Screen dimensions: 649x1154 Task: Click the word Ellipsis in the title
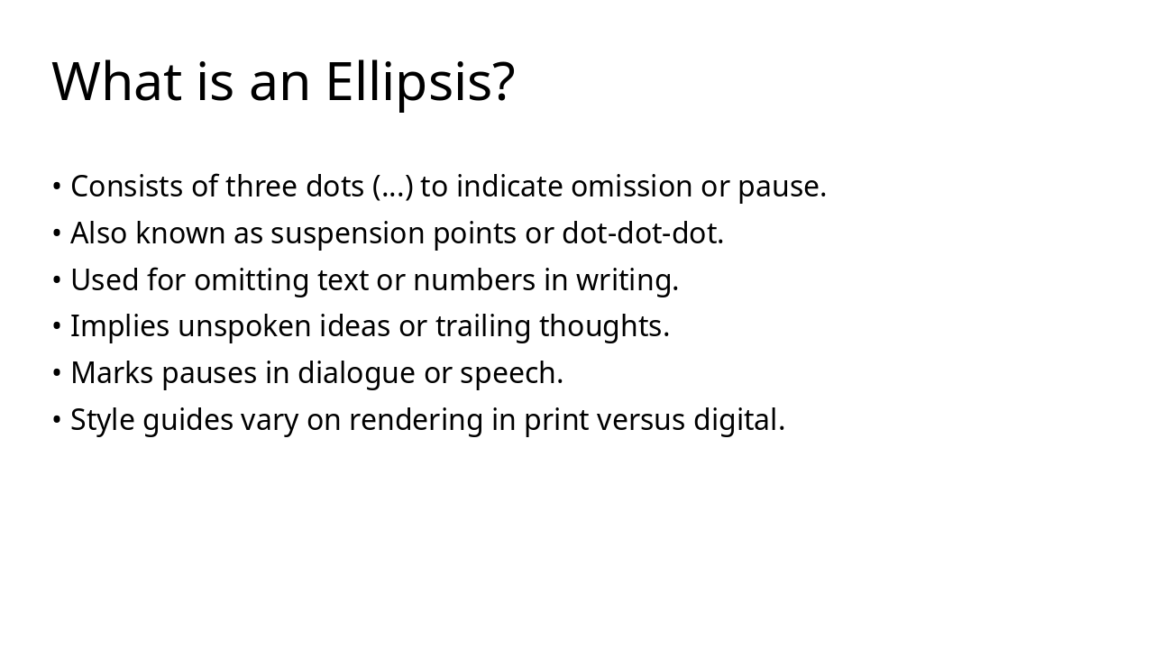point(419,82)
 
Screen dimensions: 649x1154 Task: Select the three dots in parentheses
point(393,187)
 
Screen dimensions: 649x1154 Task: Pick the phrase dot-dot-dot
point(643,233)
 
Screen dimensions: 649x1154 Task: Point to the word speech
point(511,373)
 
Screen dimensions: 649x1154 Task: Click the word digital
point(739,420)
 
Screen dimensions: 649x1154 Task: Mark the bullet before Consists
point(57,187)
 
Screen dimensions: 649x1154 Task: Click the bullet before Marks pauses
point(57,373)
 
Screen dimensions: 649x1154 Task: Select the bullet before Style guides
point(57,420)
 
